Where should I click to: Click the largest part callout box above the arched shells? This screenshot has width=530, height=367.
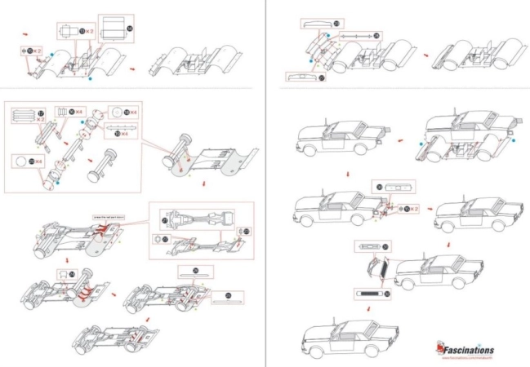coord(116,28)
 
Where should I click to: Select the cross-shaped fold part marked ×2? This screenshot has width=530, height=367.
coord(27,51)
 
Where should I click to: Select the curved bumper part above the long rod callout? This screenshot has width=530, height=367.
coord(320,24)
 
